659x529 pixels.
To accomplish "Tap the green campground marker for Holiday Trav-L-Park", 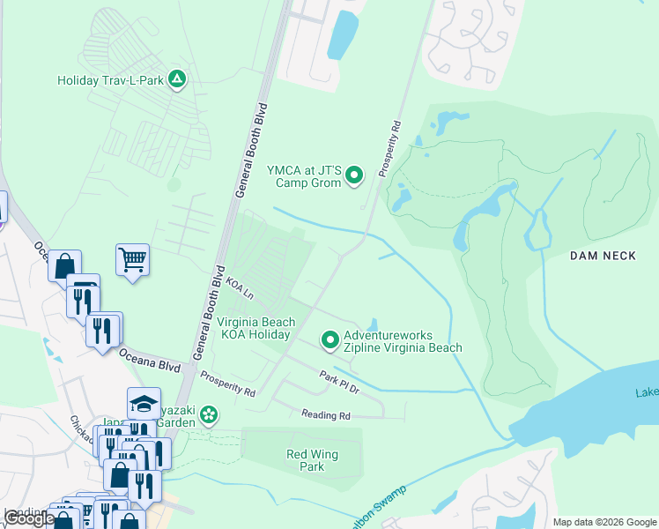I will click(177, 80).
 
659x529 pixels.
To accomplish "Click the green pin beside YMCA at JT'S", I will click(354, 176).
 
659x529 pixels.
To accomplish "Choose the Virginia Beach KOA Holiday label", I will click(255, 329).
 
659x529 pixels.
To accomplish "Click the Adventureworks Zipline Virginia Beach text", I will click(403, 342).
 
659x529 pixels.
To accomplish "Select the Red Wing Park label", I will click(312, 460).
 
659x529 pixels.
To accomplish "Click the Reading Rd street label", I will click(325, 414).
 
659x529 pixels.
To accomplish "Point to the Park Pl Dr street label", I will click(340, 382).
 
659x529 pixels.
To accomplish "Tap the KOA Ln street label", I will click(239, 287).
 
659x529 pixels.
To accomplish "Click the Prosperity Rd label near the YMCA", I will click(389, 149).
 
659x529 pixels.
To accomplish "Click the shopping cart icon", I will click(132, 260).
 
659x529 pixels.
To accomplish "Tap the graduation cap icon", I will click(144, 403).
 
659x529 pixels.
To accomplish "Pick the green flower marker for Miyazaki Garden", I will click(209, 414).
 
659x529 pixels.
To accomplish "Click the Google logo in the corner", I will click(29, 518).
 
